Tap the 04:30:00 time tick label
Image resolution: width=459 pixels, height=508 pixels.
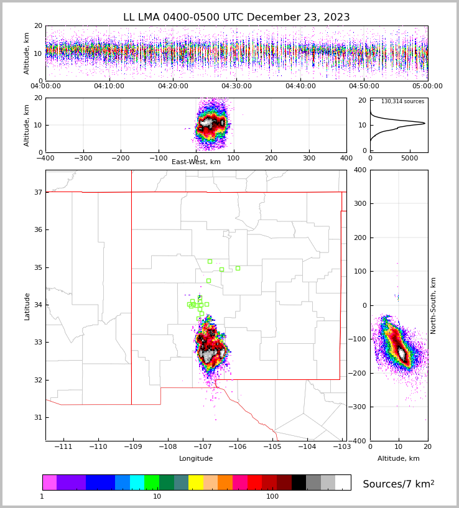(x=236, y=86)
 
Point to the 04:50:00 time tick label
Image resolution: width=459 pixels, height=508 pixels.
(x=364, y=86)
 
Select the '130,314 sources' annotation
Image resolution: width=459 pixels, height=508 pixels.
(x=402, y=101)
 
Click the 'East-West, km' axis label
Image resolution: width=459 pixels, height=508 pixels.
(x=196, y=162)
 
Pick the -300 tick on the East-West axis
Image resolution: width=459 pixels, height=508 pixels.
(x=83, y=158)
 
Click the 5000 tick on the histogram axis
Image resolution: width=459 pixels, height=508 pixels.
(x=410, y=158)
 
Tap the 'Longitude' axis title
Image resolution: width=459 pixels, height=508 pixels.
(x=196, y=459)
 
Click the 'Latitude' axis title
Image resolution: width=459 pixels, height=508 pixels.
(x=27, y=306)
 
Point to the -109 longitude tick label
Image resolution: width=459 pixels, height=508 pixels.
(x=131, y=447)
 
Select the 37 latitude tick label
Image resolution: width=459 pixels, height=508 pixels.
(x=37, y=192)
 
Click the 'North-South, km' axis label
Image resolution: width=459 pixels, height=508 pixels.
(x=434, y=305)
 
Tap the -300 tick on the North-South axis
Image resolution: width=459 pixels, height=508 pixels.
(x=359, y=407)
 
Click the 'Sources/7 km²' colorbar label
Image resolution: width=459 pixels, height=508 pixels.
(x=399, y=484)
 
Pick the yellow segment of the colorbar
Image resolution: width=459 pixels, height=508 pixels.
(x=196, y=483)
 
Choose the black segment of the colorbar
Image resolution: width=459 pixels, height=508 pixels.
(x=299, y=483)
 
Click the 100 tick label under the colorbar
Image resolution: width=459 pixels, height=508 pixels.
(x=272, y=497)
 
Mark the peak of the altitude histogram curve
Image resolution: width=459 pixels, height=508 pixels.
(x=425, y=123)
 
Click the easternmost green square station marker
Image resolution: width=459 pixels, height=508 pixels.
(x=238, y=268)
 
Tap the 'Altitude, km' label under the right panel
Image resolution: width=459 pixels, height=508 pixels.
(x=399, y=459)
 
